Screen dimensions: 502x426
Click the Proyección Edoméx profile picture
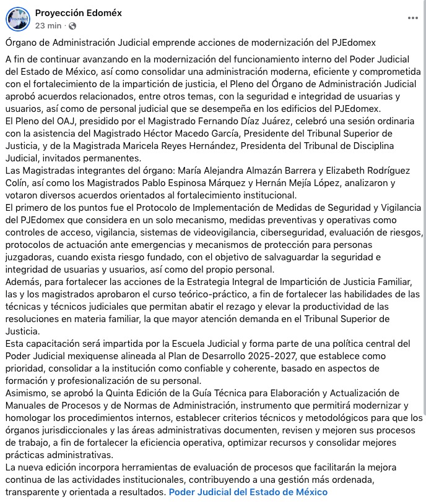pyautogui.click(x=19, y=19)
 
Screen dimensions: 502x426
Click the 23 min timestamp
pyautogui.click(x=48, y=25)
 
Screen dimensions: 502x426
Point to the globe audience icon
pyautogui.click(x=73, y=25)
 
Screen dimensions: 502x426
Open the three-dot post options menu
pyautogui.click(x=412, y=19)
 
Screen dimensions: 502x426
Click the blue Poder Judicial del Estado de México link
pyautogui.click(x=248, y=492)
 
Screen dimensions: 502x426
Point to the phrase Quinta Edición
pyautogui.click(x=128, y=392)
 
